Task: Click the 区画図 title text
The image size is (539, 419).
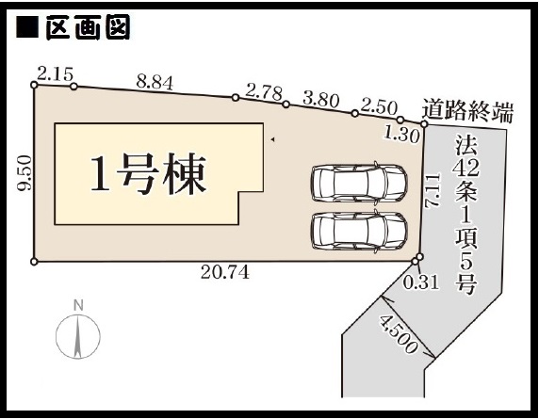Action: pyautogui.click(x=88, y=27)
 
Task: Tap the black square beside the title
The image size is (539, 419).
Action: pyautogui.click(x=27, y=27)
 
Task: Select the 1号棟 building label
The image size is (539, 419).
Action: pyautogui.click(x=149, y=174)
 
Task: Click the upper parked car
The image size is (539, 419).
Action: pyautogui.click(x=359, y=183)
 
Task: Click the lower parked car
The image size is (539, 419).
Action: pyautogui.click(x=359, y=230)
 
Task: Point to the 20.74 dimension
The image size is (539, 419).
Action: pyautogui.click(x=225, y=273)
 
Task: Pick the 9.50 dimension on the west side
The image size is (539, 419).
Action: pyautogui.click(x=24, y=172)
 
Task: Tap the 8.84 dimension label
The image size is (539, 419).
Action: pyautogui.click(x=155, y=83)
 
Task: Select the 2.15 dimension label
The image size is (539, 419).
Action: pyautogui.click(x=55, y=73)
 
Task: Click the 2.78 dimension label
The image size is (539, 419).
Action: pyautogui.click(x=265, y=92)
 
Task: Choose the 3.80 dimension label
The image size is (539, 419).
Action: pyautogui.click(x=321, y=100)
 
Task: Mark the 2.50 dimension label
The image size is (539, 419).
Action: pyautogui.click(x=379, y=107)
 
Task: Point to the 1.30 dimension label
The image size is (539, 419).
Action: pyautogui.click(x=401, y=136)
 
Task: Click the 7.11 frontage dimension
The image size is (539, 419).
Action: pyautogui.click(x=433, y=190)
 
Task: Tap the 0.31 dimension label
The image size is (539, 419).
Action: pyautogui.click(x=421, y=282)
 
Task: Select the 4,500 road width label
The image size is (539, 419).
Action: pyautogui.click(x=399, y=334)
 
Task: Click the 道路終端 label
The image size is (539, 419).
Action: pyautogui.click(x=467, y=110)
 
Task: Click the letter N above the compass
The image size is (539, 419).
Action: pyautogui.click(x=79, y=305)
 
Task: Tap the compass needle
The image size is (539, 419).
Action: pyautogui.click(x=78, y=338)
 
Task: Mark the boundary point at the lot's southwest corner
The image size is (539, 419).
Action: pyautogui.click(x=34, y=262)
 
